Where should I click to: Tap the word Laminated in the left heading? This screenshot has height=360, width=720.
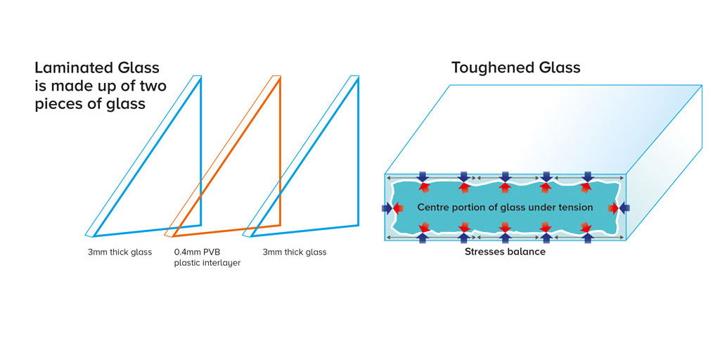(74, 68)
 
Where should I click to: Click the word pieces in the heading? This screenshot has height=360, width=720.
(59, 105)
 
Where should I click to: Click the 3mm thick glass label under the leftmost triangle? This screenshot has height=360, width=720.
(120, 252)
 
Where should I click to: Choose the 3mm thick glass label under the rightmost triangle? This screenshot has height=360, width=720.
(295, 252)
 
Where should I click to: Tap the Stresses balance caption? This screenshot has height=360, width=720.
(505, 252)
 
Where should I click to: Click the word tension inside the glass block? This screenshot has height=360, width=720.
(573, 207)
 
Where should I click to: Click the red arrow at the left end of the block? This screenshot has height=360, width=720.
(397, 208)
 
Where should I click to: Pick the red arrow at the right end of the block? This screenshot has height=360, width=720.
(615, 208)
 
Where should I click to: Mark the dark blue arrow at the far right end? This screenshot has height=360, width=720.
(625, 208)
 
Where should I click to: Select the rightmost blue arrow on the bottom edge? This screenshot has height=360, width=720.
(587, 238)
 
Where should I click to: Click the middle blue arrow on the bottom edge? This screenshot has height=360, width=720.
(505, 238)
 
